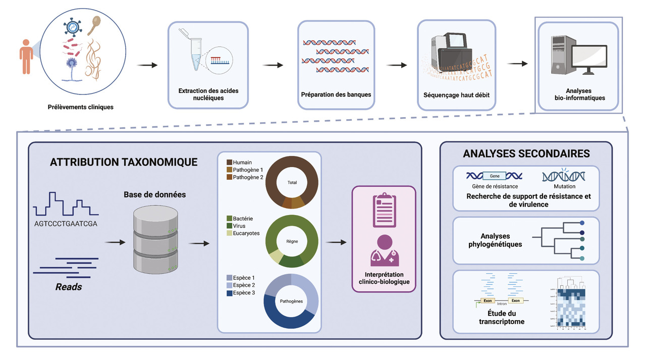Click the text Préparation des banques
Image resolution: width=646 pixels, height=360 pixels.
336,94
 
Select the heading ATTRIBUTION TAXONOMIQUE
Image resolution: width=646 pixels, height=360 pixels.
124,162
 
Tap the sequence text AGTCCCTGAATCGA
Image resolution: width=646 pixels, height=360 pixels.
66,224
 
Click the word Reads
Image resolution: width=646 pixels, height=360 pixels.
69,287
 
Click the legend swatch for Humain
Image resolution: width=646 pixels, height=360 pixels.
229,163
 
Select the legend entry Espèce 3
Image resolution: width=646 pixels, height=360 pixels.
244,293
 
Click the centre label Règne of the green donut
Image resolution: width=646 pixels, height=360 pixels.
292,241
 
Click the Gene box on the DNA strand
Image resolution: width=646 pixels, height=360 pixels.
495,176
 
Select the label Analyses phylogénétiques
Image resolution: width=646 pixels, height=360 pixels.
495,240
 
